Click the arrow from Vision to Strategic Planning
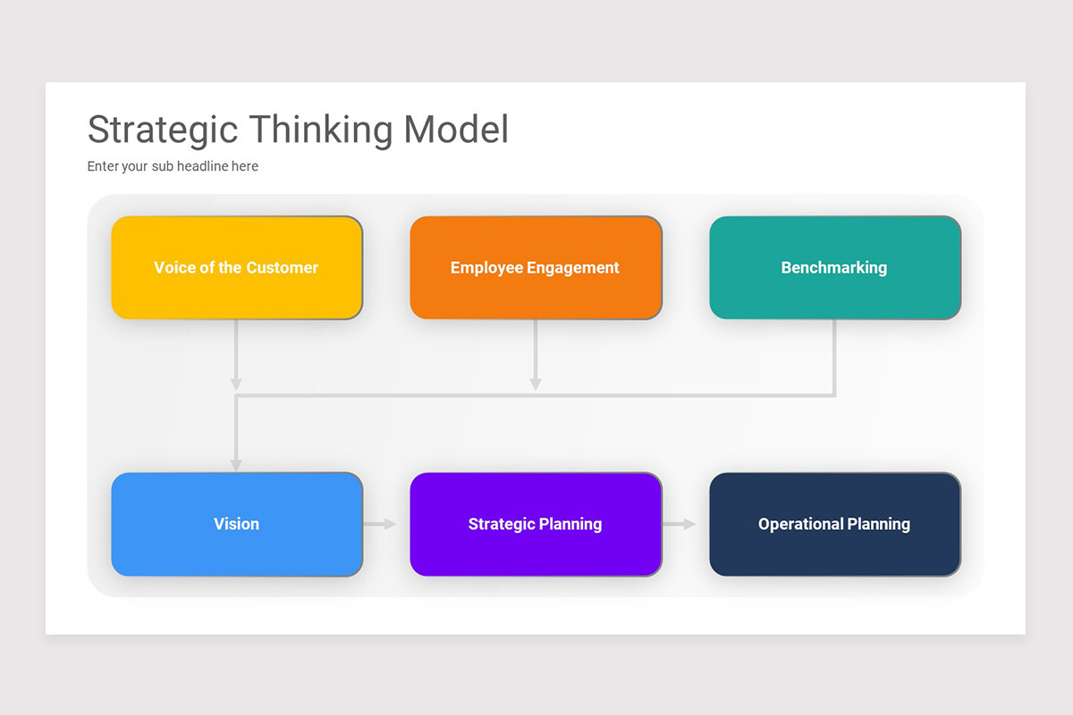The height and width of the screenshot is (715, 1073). click(380, 525)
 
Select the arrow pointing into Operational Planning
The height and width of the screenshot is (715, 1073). click(680, 525)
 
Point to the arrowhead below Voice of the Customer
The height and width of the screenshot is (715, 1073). click(236, 383)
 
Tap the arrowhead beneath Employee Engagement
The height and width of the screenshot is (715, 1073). click(536, 383)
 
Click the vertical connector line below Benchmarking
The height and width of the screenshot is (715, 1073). click(834, 357)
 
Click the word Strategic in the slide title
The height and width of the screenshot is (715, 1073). click(164, 130)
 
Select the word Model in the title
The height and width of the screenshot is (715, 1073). click(456, 130)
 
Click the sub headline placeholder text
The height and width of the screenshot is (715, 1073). click(173, 166)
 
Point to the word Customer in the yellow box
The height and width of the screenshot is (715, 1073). click(283, 267)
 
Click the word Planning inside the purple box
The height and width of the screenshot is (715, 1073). click(570, 525)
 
